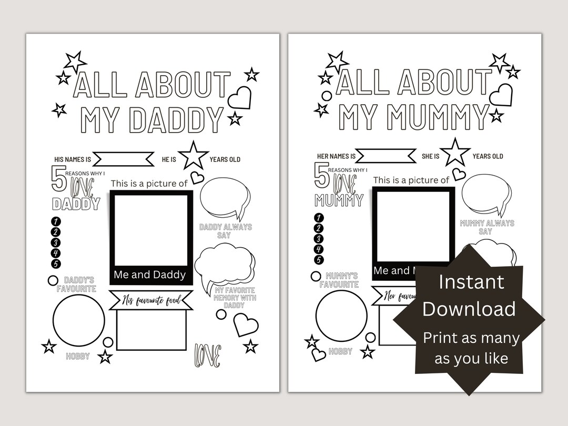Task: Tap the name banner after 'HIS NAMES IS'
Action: click(x=124, y=159)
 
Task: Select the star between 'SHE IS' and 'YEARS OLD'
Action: click(x=455, y=153)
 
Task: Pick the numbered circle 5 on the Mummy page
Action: click(x=319, y=260)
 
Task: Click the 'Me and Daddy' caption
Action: click(x=150, y=275)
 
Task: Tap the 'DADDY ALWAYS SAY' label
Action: click(x=226, y=231)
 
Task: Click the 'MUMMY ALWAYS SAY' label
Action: click(x=486, y=227)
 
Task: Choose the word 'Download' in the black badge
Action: click(x=469, y=309)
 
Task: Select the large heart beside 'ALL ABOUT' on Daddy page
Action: click(x=240, y=98)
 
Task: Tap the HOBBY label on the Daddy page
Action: click(x=78, y=357)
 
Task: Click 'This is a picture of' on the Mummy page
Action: click(x=411, y=180)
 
